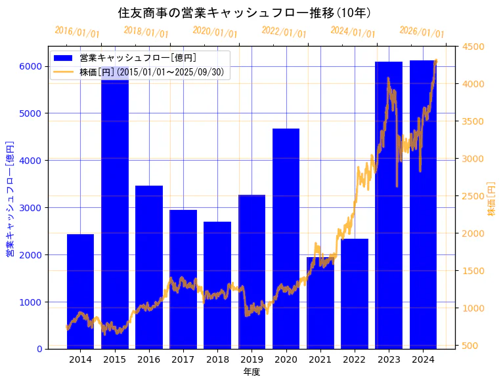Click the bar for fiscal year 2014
coord(80,291)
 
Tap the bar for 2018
coord(217,285)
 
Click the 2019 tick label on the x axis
coord(251,359)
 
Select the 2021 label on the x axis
coord(320,359)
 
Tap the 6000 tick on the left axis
coord(31,66)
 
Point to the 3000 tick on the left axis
coord(31,208)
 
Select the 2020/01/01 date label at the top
coord(215,31)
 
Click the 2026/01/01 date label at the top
coord(422,32)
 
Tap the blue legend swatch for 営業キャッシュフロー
coord(63,58)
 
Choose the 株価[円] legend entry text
coord(154,71)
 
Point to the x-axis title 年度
coord(251,372)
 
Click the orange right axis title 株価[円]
coord(491,199)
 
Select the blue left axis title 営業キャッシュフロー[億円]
coord(10,198)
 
